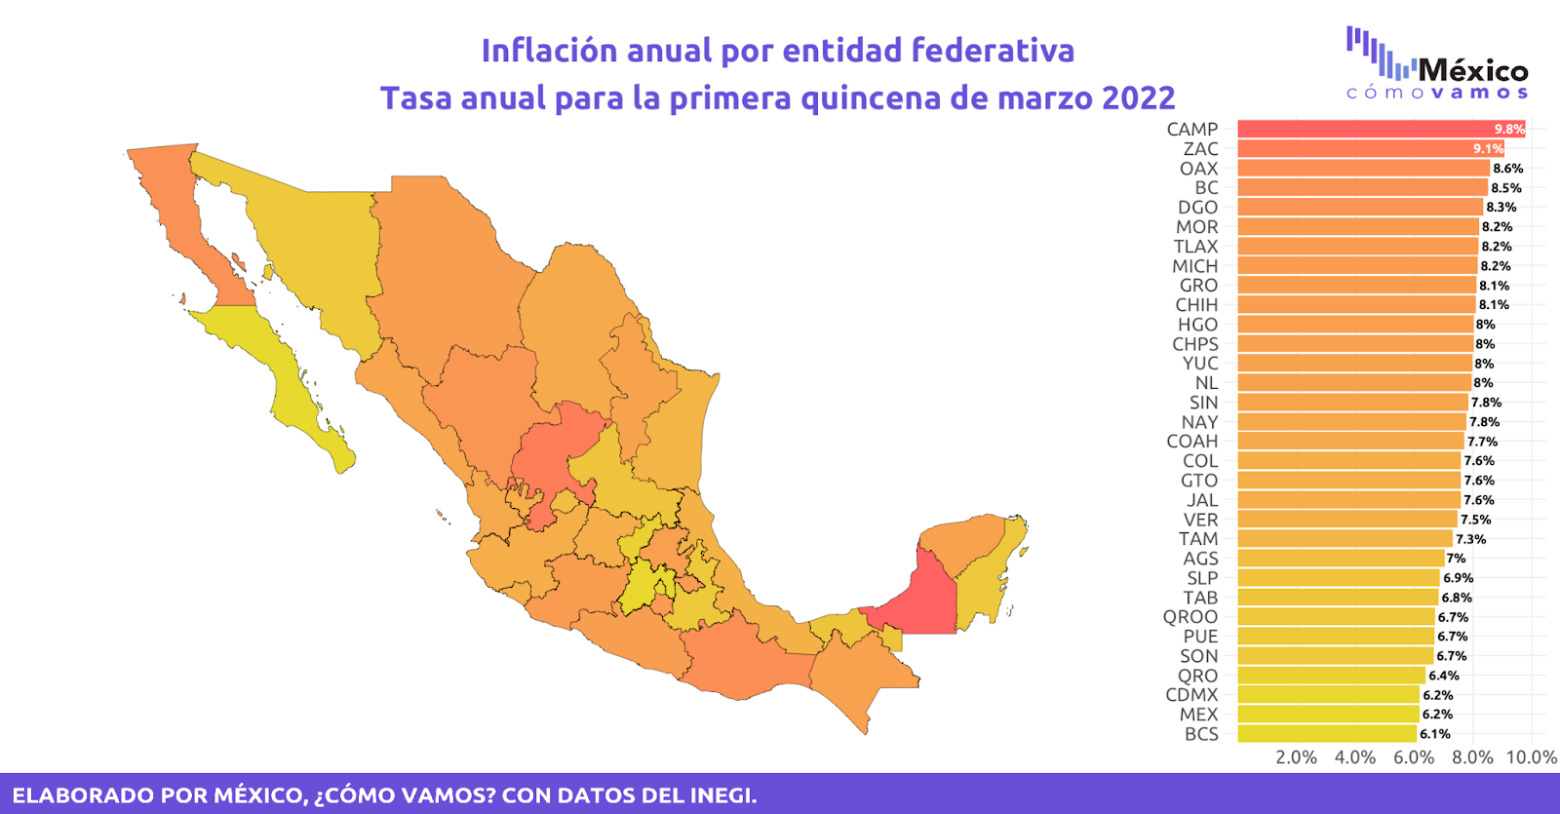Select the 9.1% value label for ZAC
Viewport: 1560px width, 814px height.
[x=1488, y=149]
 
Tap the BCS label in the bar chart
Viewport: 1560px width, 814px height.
[x=1201, y=734]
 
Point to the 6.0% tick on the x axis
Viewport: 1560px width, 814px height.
[x=1414, y=757]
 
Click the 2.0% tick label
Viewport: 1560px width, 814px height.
[x=1296, y=757]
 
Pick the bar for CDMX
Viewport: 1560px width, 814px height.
[x=1328, y=695]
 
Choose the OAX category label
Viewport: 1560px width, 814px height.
[x=1198, y=169]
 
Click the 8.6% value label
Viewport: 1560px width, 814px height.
[x=1507, y=169]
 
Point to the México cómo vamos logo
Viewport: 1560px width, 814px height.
[x=1437, y=64]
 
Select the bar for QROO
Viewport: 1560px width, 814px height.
[x=1336, y=617]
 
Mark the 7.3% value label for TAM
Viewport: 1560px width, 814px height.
[x=1470, y=539]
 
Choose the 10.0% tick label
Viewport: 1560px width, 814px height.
[x=1531, y=757]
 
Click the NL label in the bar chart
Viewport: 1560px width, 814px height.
[x=1206, y=383]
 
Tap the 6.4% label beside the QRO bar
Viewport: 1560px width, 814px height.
[x=1444, y=676]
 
